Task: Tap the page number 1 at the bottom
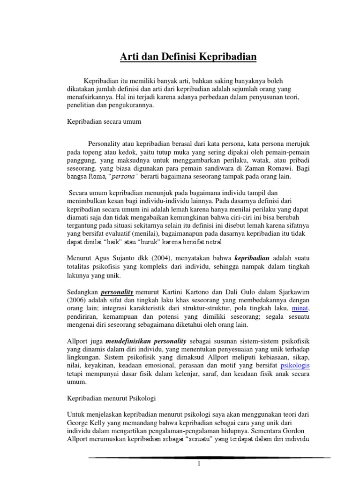click(199, 464)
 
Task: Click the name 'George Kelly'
click(87, 422)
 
